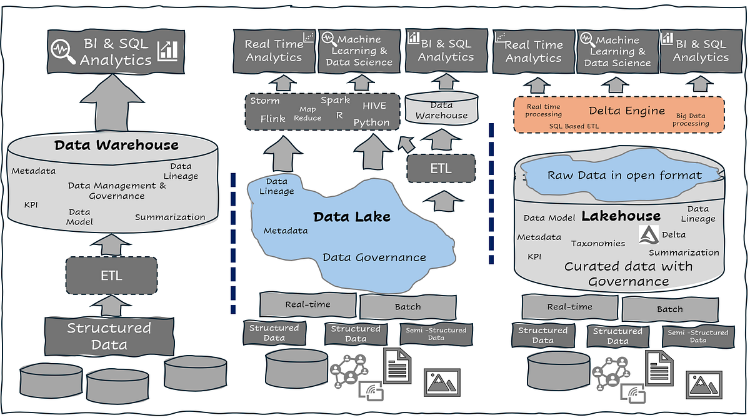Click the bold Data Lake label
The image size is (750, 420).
351,217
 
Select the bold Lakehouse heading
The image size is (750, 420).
621,216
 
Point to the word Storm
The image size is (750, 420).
265,101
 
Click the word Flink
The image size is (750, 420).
272,119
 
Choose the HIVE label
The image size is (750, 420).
375,106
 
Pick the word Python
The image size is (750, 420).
371,122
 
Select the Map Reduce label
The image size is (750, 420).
307,114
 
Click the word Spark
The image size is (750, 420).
335,100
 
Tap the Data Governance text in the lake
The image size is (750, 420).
374,257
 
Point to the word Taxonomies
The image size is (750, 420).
597,243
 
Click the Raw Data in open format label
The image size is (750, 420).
624,175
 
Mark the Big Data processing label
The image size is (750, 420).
691,119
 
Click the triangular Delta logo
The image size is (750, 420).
647,235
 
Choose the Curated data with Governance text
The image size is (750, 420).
628,274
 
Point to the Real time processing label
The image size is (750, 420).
543,111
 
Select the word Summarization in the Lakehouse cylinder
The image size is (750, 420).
684,252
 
